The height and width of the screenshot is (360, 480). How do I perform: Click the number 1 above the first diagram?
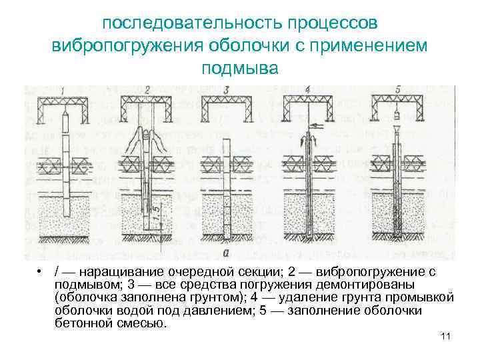(x=63, y=91)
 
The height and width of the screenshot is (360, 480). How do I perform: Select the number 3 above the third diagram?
(x=227, y=90)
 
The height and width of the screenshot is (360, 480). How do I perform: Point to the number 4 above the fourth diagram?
(x=307, y=90)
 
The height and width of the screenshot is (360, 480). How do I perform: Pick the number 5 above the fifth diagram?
(x=397, y=90)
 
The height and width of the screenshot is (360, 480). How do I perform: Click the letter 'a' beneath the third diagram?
(x=227, y=252)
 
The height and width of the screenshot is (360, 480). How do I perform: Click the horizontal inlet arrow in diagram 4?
(x=313, y=124)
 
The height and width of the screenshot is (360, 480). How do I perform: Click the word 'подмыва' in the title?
(x=239, y=69)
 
